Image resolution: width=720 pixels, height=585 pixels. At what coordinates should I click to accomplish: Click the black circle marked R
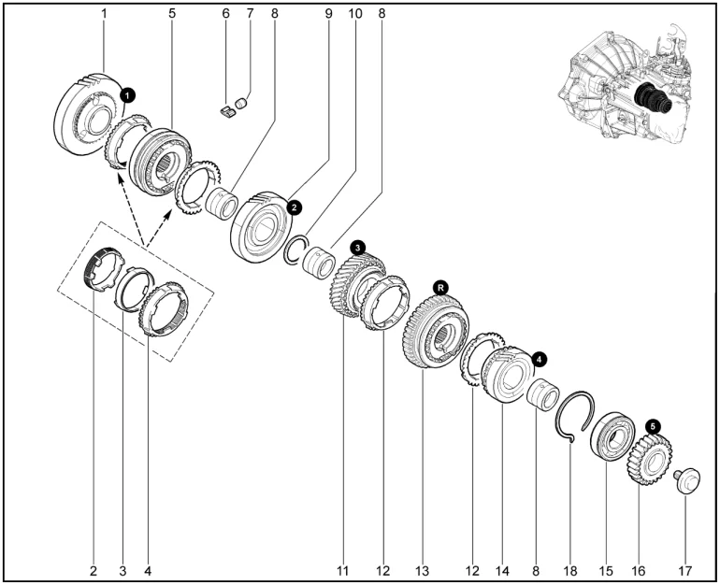[x=440, y=288]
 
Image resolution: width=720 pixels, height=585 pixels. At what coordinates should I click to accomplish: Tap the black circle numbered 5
[x=653, y=427]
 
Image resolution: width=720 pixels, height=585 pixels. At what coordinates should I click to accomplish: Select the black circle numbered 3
[x=357, y=248]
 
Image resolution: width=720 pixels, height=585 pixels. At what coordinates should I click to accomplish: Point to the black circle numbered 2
[x=294, y=207]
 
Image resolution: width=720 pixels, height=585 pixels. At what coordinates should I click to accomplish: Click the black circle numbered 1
[x=127, y=95]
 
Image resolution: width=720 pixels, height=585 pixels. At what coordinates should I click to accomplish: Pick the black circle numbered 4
[x=540, y=360]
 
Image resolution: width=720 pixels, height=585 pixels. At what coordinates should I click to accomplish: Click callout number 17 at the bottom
[x=684, y=571]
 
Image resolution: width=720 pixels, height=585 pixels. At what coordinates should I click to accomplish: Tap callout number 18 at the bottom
[x=569, y=571]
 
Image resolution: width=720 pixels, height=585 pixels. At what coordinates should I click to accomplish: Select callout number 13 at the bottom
[x=422, y=571]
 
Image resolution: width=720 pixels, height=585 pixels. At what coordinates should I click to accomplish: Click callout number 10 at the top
[x=355, y=14]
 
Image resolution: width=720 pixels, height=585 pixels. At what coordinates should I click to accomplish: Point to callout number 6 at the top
[x=225, y=14]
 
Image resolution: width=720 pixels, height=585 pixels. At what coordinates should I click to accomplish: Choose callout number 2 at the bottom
[x=94, y=571]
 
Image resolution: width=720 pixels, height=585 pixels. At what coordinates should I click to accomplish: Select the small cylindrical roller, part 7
[x=241, y=103]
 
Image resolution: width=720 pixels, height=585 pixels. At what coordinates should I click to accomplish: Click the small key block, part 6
[x=226, y=111]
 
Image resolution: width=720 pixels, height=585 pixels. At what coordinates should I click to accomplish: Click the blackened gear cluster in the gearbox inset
[x=652, y=99]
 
